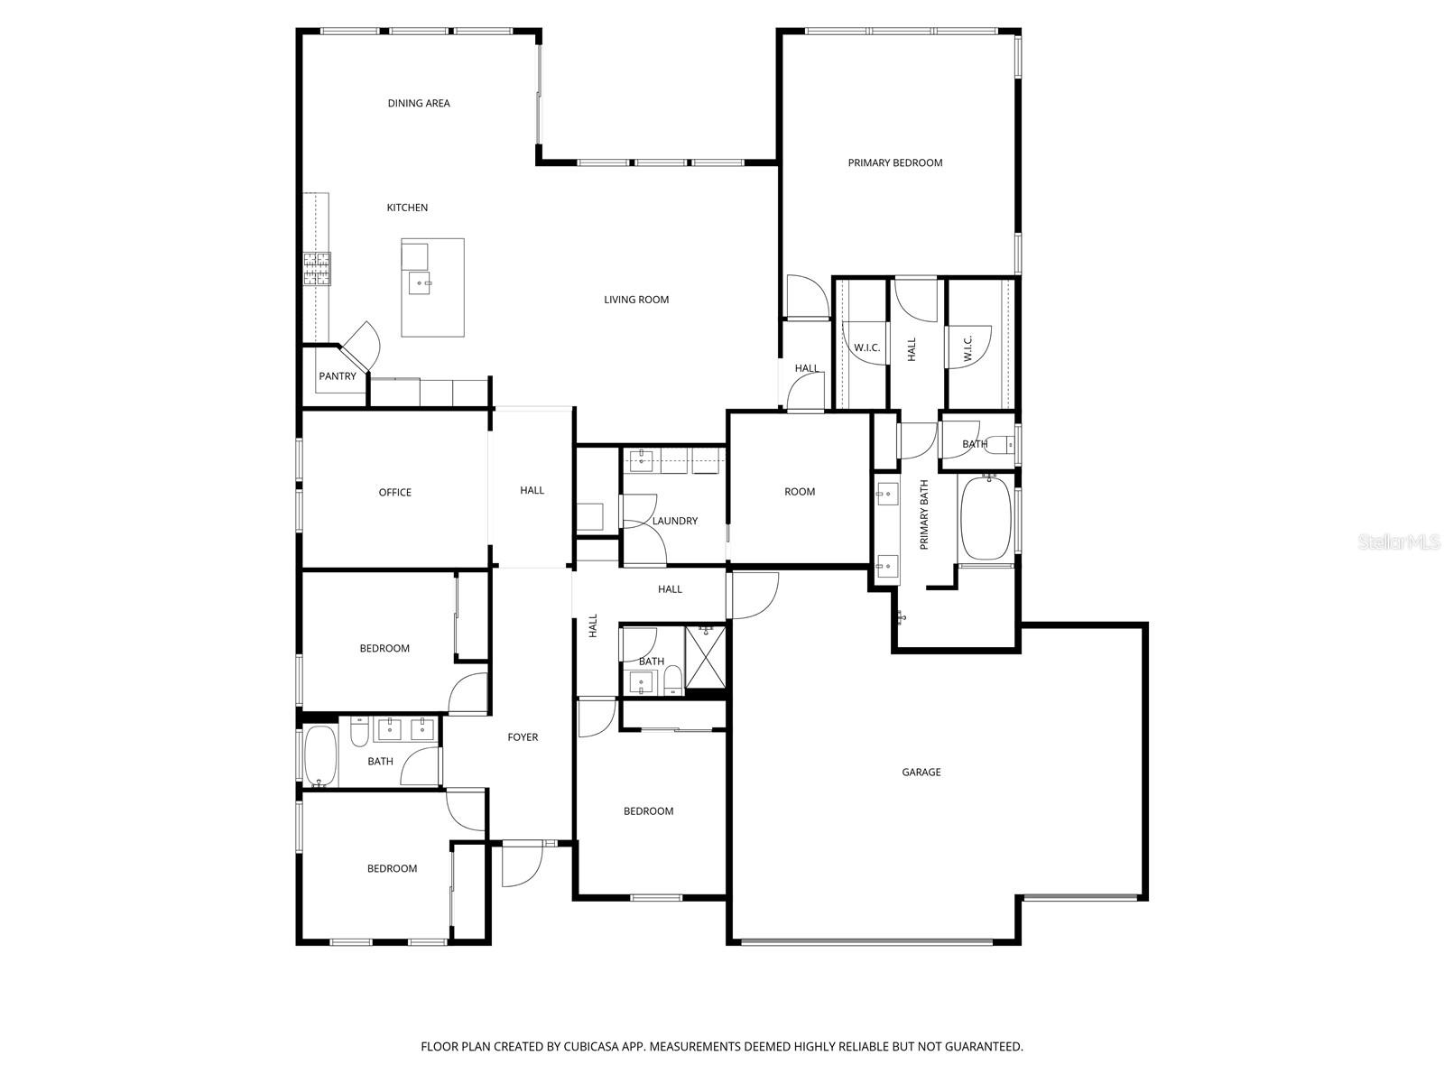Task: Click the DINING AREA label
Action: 419,103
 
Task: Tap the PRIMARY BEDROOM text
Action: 894,163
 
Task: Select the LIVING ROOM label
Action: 636,300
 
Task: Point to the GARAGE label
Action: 921,772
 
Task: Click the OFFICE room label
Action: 394,493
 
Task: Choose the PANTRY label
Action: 338,376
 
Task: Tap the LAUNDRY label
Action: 675,521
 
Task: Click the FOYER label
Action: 523,737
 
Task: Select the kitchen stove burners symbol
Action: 317,269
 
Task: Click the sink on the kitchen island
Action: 419,283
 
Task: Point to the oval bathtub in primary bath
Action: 986,520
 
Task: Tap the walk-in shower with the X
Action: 705,658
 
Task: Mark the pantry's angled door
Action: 361,347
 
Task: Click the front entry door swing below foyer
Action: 523,865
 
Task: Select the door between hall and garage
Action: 754,596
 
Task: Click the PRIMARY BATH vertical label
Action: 924,514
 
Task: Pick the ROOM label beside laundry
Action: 800,492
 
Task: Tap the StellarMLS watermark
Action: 1398,541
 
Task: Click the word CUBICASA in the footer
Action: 592,1046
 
